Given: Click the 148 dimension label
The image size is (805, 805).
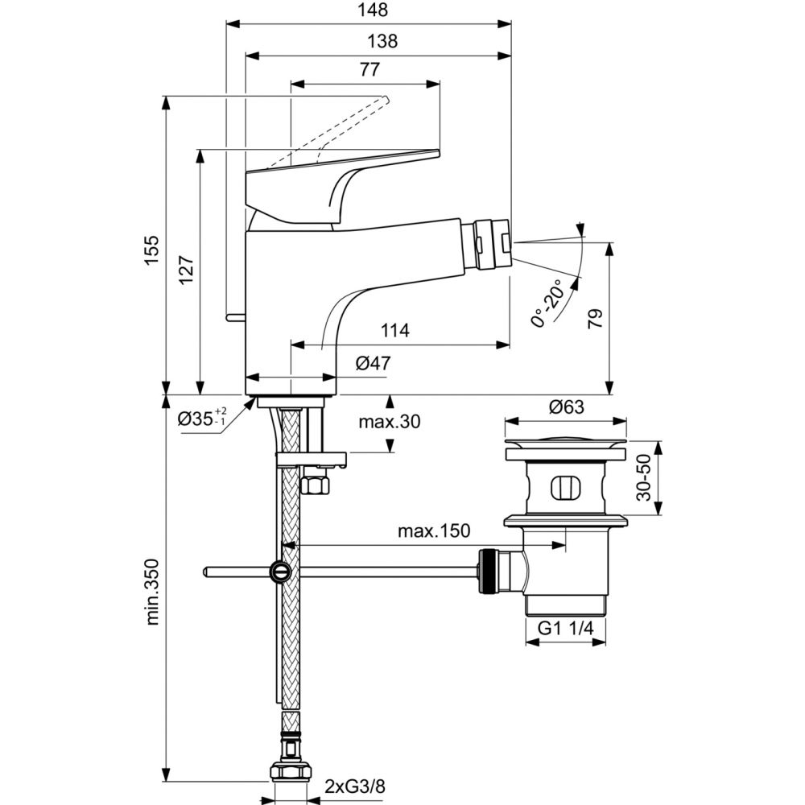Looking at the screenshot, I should click(373, 10).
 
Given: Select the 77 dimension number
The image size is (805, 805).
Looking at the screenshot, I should click(369, 69).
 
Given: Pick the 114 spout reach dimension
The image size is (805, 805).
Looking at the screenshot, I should click(395, 330).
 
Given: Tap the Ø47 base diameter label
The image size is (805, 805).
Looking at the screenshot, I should click(372, 363).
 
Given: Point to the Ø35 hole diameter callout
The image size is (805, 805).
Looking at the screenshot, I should click(202, 418).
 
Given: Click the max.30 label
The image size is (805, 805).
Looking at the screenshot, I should click(390, 420).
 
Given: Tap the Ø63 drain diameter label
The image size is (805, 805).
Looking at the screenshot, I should click(566, 407).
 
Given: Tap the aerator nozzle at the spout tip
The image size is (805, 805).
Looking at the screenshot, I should click(490, 241).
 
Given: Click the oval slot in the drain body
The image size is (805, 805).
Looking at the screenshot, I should click(564, 488).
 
